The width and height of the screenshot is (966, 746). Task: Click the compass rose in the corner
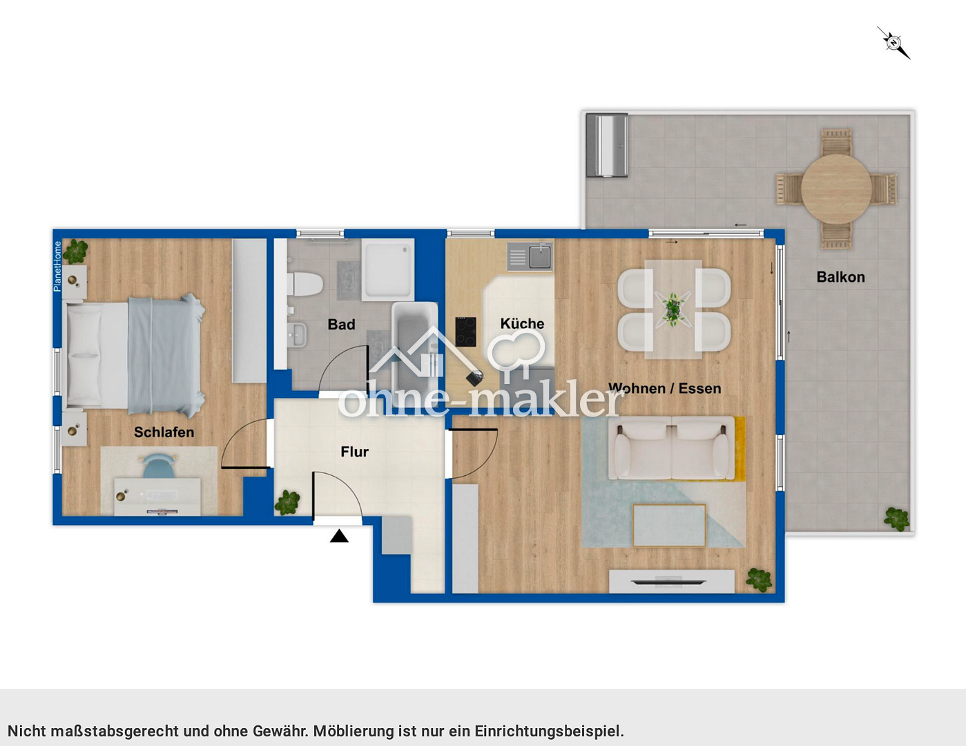coord(893,43)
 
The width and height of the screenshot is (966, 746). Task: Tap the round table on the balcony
coord(835,188)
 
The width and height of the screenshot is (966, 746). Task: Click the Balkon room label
coord(840,277)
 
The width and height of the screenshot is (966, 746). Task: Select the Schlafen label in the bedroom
coord(164,432)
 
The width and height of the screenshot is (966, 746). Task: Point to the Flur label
coord(354,452)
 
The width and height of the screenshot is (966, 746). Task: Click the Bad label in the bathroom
coord(341,325)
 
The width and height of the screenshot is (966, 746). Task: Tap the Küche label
coord(522,323)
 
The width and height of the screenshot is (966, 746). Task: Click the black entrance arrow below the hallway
coord(339,536)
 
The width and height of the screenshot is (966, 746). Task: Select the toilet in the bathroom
coord(305,284)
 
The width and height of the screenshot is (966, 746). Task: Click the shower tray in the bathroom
coord(387,269)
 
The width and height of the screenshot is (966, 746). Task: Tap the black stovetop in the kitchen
coord(465,332)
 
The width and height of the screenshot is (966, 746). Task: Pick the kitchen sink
coord(539,257)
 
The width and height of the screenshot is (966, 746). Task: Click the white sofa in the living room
coord(672,450)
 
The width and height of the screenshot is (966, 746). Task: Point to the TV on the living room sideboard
coord(668,582)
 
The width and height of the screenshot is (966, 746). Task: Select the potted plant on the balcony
coord(896,519)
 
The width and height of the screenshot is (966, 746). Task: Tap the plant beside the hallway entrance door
coord(287,502)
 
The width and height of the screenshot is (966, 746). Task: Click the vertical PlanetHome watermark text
coord(58,266)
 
